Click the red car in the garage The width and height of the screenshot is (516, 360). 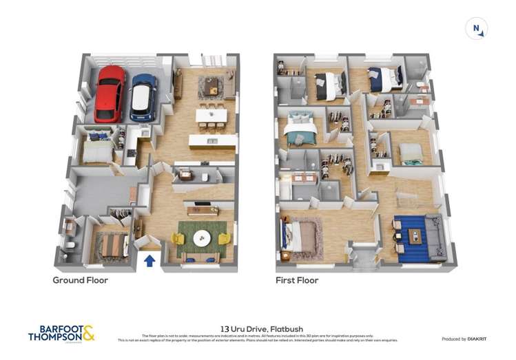110,94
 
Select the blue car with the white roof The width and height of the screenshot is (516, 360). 143,96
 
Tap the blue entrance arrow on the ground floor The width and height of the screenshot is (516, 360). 149,260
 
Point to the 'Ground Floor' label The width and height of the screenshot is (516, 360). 81,280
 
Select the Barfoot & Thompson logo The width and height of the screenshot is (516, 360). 61,334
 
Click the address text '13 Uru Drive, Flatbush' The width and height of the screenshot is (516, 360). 258,329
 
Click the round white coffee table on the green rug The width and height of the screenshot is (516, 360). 202,239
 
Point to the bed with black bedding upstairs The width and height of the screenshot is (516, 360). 329,86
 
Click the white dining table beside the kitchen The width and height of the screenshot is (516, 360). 211,115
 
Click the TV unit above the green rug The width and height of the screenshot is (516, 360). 203,210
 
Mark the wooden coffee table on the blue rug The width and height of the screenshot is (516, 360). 415,235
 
